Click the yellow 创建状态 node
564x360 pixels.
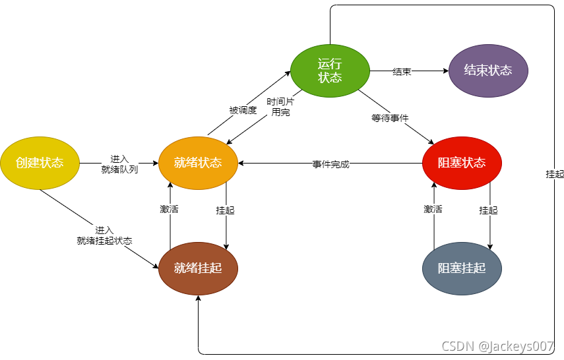coord(40,163)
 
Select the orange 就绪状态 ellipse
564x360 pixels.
coord(198,163)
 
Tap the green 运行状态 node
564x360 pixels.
coord(330,71)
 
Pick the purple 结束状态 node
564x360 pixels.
coord(488,71)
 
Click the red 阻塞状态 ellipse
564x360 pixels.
coord(462,163)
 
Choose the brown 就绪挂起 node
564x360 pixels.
coord(198,268)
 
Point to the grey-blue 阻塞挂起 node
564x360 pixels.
coord(462,268)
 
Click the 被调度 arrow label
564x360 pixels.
coord(243,110)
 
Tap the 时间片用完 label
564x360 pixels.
coord(280,107)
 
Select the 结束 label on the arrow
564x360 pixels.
coord(402,71)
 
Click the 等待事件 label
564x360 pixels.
coord(390,118)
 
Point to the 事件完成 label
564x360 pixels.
coord(330,164)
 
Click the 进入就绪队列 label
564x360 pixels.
coord(119,164)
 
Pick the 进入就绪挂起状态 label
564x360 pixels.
coord(104,235)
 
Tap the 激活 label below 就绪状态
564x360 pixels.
coord(170,210)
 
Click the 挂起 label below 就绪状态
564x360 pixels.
coord(226,210)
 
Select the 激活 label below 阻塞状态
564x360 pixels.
coord(433,210)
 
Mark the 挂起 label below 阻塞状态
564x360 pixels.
coord(489,210)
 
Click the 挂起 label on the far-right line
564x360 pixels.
coord(555,174)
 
